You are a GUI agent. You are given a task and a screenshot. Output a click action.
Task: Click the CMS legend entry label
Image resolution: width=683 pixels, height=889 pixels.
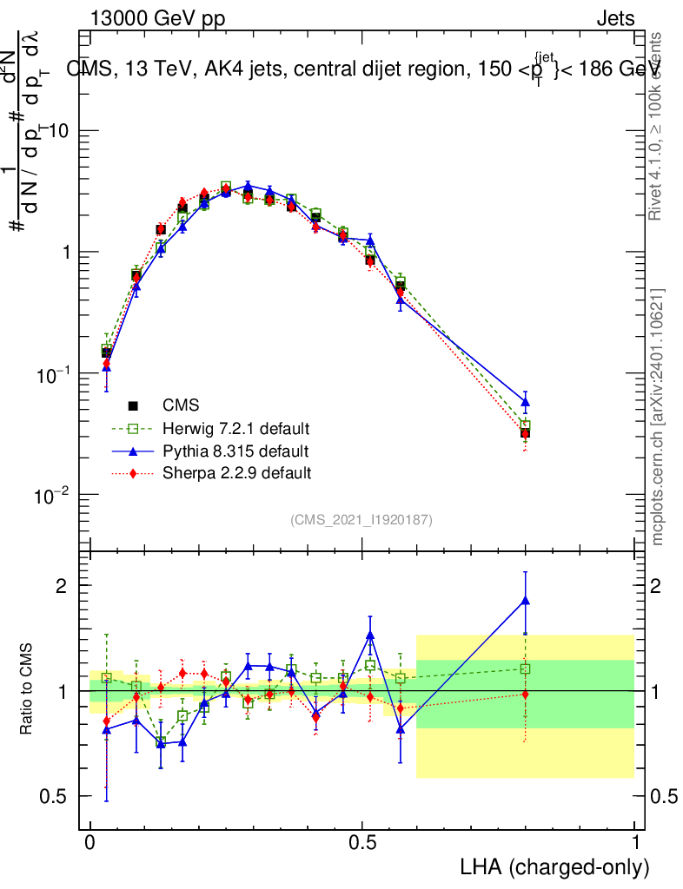pos(181,405)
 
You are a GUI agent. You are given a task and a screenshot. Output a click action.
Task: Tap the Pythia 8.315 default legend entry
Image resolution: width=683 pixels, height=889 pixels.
pos(235,451)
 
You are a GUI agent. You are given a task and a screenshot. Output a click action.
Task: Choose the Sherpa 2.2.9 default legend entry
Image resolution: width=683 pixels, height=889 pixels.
pos(236,473)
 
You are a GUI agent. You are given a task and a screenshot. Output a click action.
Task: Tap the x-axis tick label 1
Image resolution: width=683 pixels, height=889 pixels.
pos(635,844)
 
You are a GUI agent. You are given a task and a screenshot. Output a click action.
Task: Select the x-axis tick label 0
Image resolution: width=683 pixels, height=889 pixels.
pos(90,844)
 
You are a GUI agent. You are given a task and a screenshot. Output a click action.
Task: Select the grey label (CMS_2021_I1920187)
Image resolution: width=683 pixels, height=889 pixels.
pos(361,520)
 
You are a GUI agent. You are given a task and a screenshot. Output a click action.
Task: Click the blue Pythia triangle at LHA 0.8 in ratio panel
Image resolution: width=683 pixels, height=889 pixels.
pos(525,600)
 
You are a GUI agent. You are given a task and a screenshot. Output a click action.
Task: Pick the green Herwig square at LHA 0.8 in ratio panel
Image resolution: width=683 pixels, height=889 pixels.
pos(525,668)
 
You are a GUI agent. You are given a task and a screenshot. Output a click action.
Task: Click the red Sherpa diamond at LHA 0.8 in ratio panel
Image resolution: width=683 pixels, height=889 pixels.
pos(525,694)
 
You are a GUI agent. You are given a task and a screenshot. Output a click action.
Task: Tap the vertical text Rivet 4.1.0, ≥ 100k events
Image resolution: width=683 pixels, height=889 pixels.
pos(658,126)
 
